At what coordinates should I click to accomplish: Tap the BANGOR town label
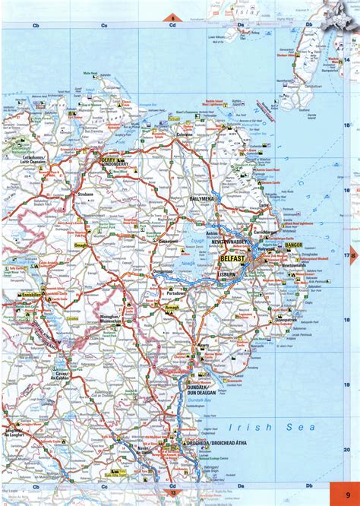point(294,246)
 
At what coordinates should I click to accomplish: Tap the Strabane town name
point(84,194)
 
